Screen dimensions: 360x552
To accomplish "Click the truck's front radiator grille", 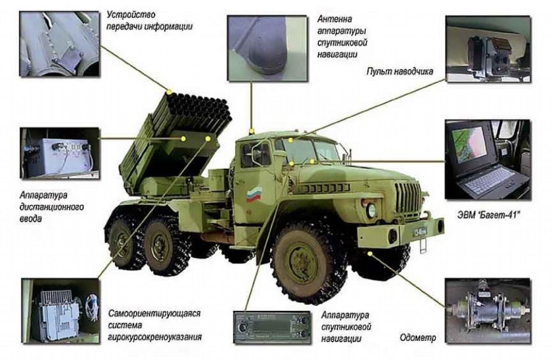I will [x=407, y=196].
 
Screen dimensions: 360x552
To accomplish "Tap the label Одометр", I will [x=417, y=338].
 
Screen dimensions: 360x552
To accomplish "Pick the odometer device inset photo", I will [x=486, y=312].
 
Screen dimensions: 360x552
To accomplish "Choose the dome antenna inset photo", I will [x=265, y=45].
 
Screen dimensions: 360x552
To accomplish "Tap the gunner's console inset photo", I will [x=487, y=49].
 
